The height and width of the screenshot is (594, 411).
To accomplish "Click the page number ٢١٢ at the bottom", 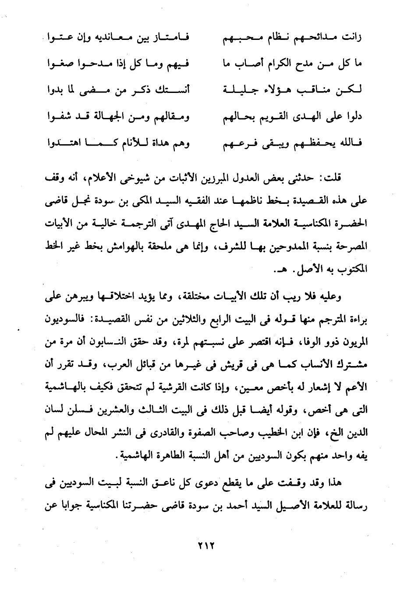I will pos(205,548).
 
